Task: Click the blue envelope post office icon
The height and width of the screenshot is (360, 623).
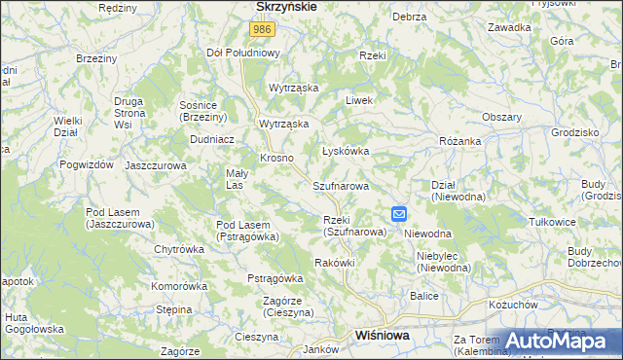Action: [x=398, y=214]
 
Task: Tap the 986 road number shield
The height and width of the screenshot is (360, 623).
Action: [x=260, y=30]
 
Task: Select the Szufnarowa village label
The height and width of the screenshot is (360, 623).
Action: [x=341, y=185]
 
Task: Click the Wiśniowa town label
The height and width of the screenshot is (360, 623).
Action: [x=383, y=335]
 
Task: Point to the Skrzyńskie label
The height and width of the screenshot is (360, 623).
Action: [x=285, y=6]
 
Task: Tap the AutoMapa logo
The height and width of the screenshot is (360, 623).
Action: [x=560, y=340]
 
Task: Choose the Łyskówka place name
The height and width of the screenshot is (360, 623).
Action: [x=346, y=151]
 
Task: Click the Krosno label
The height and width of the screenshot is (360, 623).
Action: [x=276, y=158]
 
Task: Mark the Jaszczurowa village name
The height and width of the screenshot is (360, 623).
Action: [x=156, y=165]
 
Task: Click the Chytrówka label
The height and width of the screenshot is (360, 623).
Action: [x=179, y=249]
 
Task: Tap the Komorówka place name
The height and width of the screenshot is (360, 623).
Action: [x=180, y=286]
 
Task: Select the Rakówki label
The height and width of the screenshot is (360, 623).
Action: [x=335, y=263]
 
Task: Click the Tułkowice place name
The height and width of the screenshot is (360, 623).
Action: [x=582, y=221]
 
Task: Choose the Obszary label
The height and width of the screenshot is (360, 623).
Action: [x=502, y=117]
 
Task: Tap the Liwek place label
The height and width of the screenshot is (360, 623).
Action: [x=360, y=100]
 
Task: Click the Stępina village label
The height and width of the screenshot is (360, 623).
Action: [x=174, y=309]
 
